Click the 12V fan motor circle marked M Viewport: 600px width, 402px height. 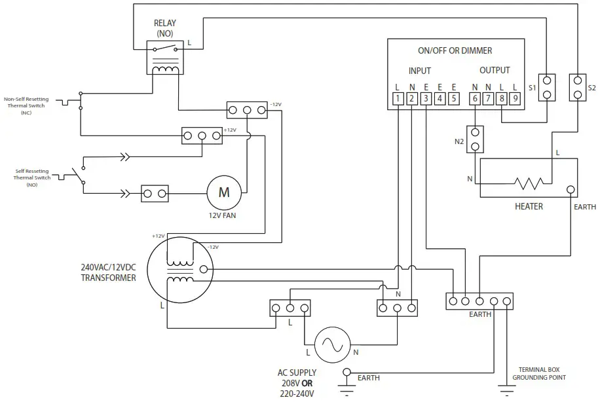coord(224,192)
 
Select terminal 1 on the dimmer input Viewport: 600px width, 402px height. coord(398,99)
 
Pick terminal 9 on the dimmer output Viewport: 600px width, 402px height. coord(516,99)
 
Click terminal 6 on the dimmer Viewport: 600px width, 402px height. coord(475,99)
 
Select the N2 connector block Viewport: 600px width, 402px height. coord(476,139)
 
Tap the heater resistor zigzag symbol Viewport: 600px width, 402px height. coord(529,181)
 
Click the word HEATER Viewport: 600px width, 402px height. coord(529,206)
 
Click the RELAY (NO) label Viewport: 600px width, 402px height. coord(165,28)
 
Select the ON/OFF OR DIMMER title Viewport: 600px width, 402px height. coord(455,50)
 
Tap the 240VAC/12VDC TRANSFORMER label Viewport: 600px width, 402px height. coord(108,272)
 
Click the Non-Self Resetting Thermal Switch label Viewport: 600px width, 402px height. coord(26,105)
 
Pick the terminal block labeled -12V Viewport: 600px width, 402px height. coord(247,110)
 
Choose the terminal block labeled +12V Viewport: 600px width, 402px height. coord(201,136)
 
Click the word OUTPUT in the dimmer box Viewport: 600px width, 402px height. coord(495,70)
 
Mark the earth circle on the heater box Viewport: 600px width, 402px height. coord(571,191)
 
